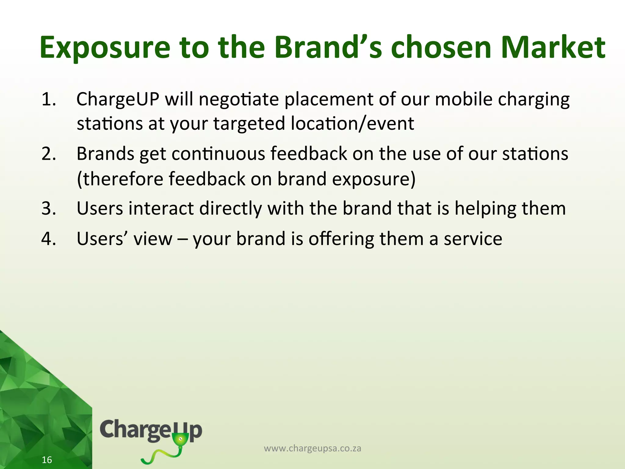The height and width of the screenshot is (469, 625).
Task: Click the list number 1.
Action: click(49, 100)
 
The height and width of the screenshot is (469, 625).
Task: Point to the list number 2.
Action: click(49, 154)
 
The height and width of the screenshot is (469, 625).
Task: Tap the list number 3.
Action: click(49, 209)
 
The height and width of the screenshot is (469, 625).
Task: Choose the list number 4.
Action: click(49, 239)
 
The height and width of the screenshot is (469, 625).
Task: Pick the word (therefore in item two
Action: click(120, 179)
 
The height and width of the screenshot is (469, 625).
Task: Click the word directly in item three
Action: click(230, 209)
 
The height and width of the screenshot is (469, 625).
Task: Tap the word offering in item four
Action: click(341, 239)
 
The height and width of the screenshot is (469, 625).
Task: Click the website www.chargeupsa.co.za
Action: click(312, 448)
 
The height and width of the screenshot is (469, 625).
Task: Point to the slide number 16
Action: click(47, 460)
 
